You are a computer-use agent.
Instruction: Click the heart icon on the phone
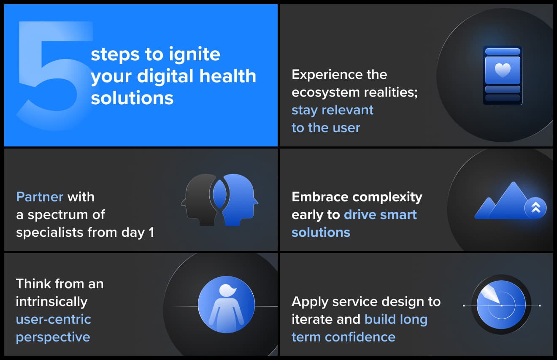click(502, 70)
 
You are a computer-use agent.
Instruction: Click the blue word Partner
click(40, 197)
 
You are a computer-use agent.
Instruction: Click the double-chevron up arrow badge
click(535, 208)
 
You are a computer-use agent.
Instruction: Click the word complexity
click(387, 197)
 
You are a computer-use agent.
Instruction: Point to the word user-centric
click(54, 319)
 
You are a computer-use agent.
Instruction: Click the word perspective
click(53, 337)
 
